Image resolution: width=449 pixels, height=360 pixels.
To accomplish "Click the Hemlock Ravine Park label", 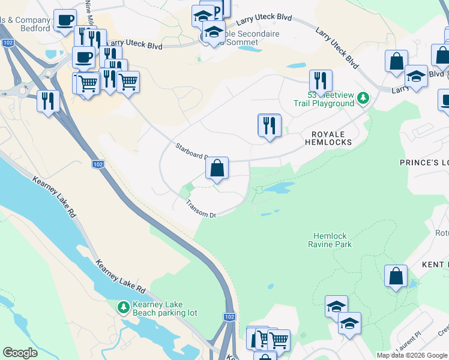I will click(x=330, y=240).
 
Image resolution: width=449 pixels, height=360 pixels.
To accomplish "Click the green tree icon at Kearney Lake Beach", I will click(x=123, y=307).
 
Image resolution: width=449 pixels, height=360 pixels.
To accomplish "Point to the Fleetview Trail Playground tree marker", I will click(x=363, y=97).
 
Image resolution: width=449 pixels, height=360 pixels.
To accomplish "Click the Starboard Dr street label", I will click(x=191, y=150).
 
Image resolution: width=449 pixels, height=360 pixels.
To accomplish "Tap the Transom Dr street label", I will click(x=200, y=209).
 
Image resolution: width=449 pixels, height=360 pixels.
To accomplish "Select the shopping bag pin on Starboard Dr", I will click(x=217, y=169).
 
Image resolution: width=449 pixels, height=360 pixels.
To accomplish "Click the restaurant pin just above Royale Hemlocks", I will click(x=270, y=125).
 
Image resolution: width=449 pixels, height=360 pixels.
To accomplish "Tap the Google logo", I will click(x=20, y=353).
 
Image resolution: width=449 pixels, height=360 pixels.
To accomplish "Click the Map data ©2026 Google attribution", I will click(x=412, y=356).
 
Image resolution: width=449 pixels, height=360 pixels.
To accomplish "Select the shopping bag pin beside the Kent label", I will click(x=396, y=277).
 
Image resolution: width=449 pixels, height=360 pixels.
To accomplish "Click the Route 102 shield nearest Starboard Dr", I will click(x=98, y=164).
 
